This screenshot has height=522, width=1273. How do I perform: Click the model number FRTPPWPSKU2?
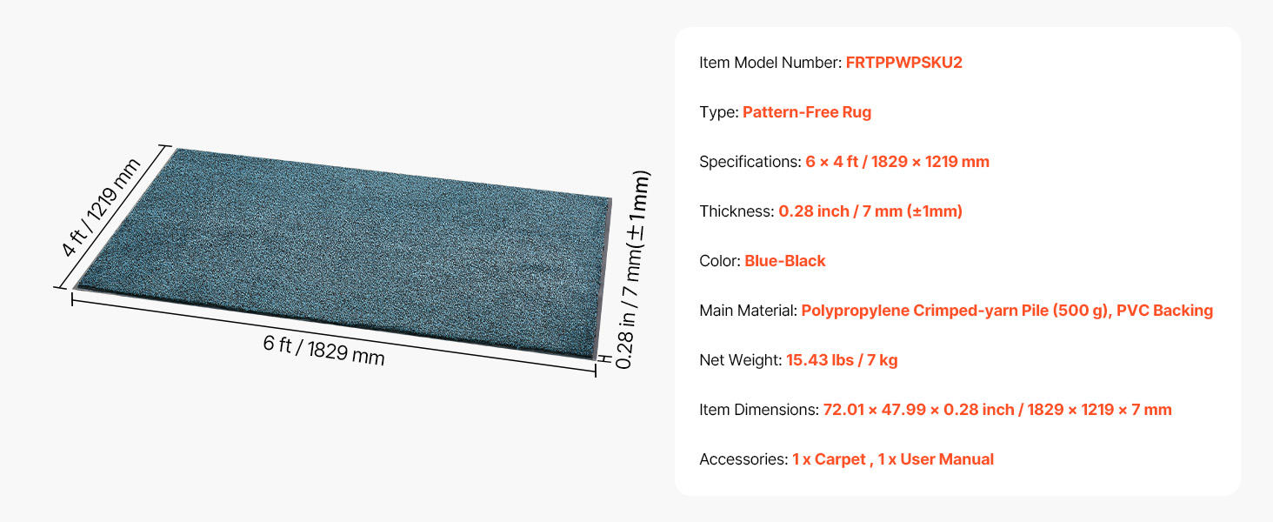[x=903, y=63]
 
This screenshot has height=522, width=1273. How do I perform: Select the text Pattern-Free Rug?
[x=806, y=112]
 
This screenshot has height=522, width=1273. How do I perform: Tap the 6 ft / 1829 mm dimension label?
[x=323, y=350]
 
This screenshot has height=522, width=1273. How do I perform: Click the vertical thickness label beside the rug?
[x=632, y=270]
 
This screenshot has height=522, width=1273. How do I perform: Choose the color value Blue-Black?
[x=785, y=261]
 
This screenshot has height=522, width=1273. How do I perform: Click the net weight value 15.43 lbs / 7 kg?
[x=842, y=360]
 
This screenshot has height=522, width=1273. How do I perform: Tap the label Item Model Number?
[x=770, y=63]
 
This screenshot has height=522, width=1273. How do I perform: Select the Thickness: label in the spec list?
[x=736, y=211]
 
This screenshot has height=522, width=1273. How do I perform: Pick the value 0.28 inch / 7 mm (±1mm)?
[x=870, y=211]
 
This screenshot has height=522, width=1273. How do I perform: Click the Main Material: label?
[x=748, y=311]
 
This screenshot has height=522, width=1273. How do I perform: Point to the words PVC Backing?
[x=1164, y=311]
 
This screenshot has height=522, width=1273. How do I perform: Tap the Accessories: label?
[x=743, y=459]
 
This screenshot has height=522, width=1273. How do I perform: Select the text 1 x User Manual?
[x=936, y=459]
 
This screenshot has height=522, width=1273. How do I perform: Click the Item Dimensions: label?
[x=759, y=410]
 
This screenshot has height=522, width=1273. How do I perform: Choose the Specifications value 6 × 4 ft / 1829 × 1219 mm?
[x=896, y=162]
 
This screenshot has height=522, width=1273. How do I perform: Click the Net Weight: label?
[x=741, y=360]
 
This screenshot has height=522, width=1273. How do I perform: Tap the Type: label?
[x=718, y=112]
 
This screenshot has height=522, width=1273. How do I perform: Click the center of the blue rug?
[x=343, y=253]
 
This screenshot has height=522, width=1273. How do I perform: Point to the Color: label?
[x=719, y=261]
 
